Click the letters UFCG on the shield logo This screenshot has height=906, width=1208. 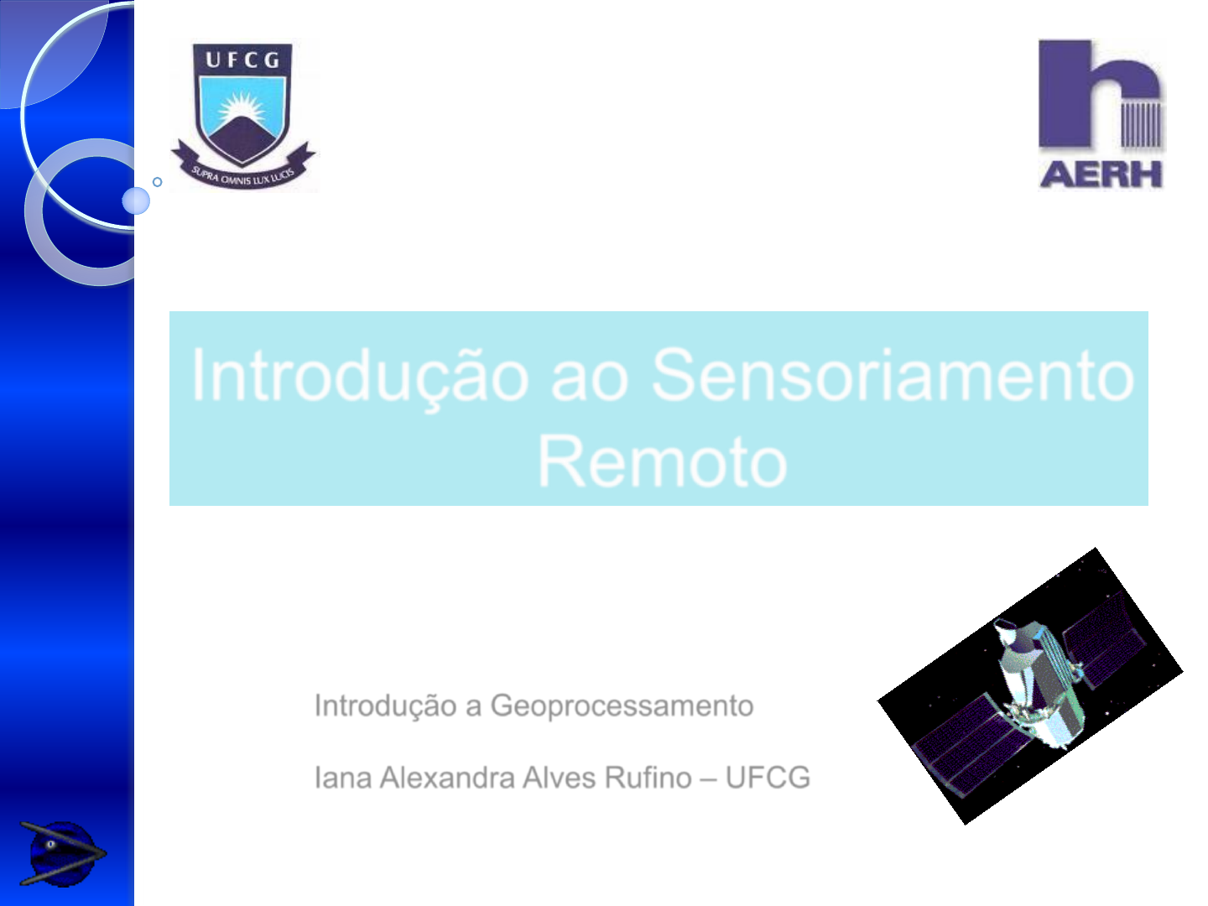pyautogui.click(x=242, y=60)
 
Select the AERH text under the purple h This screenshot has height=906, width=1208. pyautogui.click(x=1101, y=174)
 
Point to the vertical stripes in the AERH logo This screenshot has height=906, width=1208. pyautogui.click(x=1142, y=124)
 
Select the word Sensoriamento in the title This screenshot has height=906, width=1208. pyautogui.click(x=893, y=376)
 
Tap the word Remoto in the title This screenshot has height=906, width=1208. pyautogui.click(x=662, y=461)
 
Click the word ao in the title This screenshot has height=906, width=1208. pyautogui.click(x=590, y=381)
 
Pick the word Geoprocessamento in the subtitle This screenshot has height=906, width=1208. pyautogui.click(x=622, y=706)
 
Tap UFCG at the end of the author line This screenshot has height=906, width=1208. pyautogui.click(x=768, y=778)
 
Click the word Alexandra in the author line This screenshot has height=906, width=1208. pyautogui.click(x=446, y=778)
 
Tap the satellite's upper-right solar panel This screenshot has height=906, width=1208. pyautogui.click(x=1103, y=638)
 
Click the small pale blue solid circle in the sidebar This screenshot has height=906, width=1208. pyautogui.click(x=136, y=200)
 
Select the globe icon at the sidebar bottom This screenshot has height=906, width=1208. pyautogui.click(x=61, y=853)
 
